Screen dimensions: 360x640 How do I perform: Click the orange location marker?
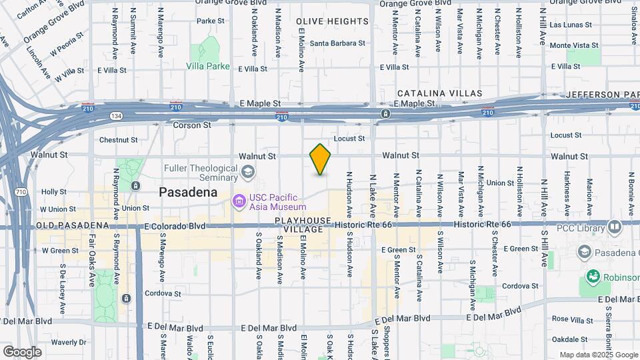(321, 159)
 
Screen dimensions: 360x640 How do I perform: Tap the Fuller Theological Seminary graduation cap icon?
(248, 173)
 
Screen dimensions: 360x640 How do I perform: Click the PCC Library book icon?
(614, 227)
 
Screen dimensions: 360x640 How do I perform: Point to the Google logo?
(22, 352)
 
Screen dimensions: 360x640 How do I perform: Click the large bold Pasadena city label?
(188, 192)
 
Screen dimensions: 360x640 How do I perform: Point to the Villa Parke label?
(208, 67)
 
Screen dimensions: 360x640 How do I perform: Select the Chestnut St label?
(118, 140)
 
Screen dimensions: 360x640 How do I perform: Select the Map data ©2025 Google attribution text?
(597, 355)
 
